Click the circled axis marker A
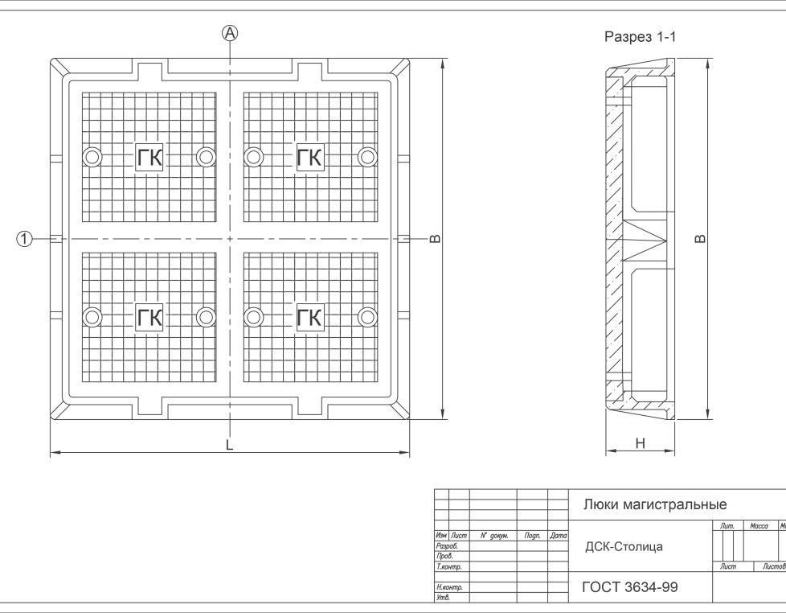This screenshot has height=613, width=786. tap(230, 33)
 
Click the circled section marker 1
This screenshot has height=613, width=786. tap(24, 239)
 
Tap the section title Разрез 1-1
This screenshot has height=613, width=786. tap(640, 37)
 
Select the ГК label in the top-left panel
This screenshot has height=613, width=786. tap(149, 158)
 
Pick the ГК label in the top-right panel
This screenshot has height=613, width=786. tap(309, 157)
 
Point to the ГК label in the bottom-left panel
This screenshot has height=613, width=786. tap(149, 317)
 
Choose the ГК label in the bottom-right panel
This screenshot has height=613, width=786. tap(309, 317)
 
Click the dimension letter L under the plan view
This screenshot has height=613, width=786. tap(230, 445)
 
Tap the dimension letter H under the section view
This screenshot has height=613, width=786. tap(640, 443)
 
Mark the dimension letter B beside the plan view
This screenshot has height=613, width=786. tap(435, 239)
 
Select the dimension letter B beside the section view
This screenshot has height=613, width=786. tap(700, 239)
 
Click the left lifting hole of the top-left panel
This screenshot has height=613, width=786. tap(92, 158)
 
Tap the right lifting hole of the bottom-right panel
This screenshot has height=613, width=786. tap(367, 317)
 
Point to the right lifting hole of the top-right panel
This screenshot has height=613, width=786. tap(367, 157)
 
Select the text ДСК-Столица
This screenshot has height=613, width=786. tap(624, 547)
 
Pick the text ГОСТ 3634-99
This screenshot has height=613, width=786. tap(630, 587)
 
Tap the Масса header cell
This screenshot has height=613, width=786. tap(759, 525)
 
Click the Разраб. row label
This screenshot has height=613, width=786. tap(447, 546)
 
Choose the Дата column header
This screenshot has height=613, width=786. tap(558, 536)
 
